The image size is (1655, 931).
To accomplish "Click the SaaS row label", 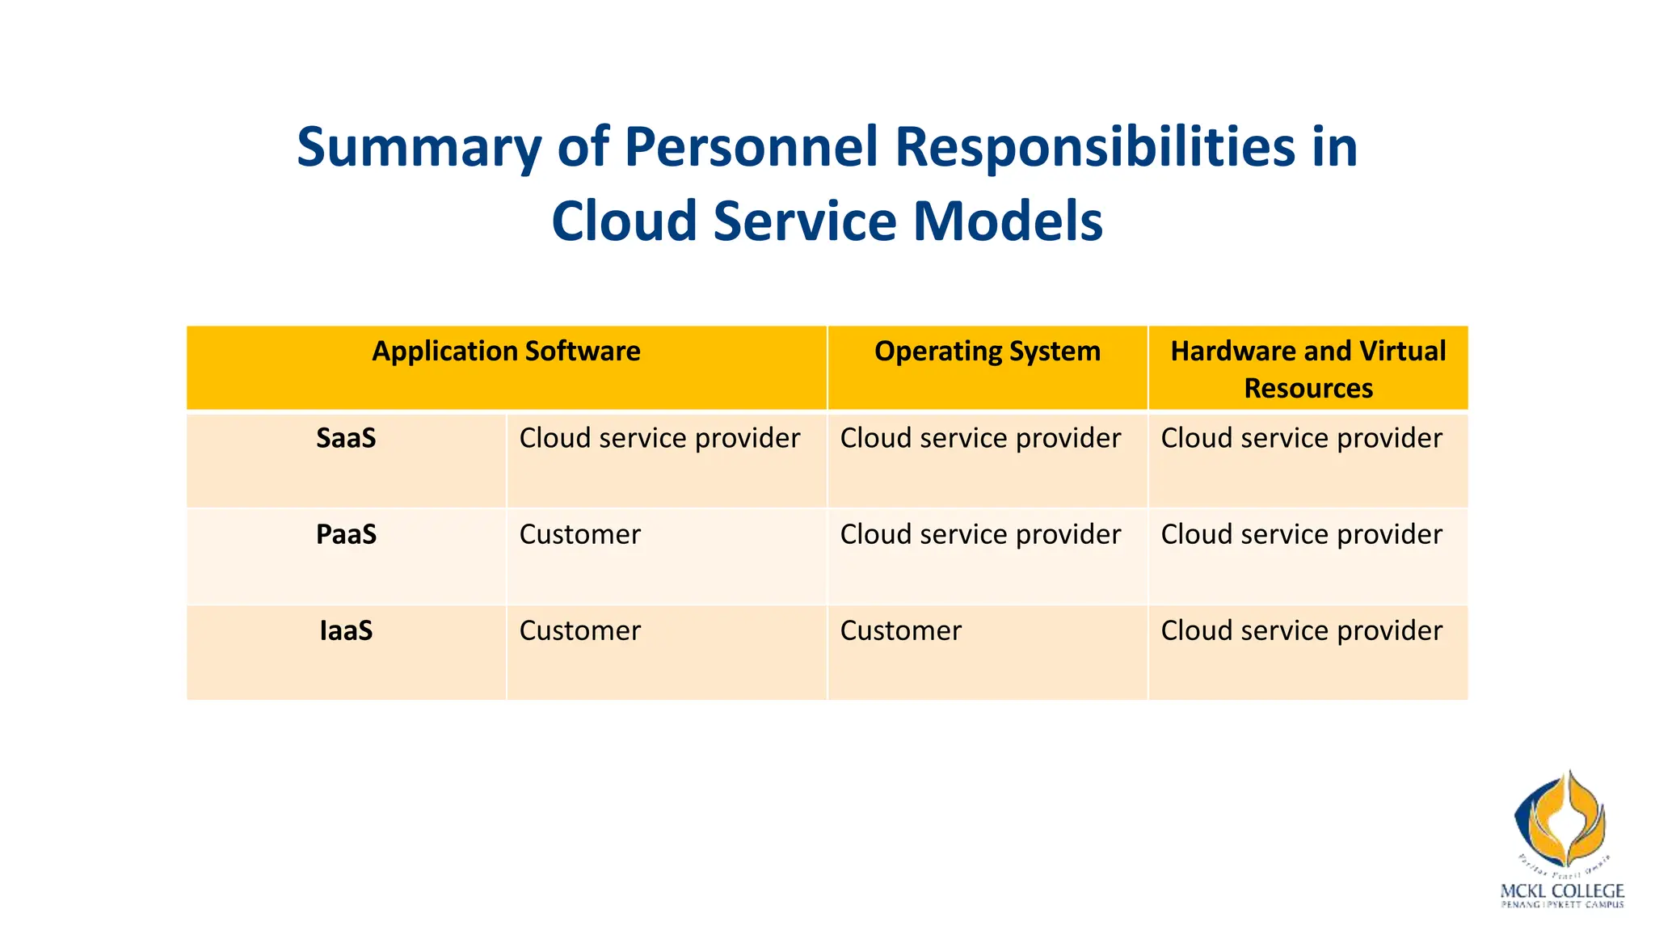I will click(346, 438).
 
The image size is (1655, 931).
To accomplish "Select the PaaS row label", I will click(346, 534).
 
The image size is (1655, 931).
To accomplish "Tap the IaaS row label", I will click(346, 630).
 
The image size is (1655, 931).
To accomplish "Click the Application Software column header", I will click(506, 352).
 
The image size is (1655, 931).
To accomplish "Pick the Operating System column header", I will click(987, 352).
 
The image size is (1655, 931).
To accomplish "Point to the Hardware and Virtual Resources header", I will click(1308, 369).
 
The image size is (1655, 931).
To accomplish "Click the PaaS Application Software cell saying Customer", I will click(579, 534).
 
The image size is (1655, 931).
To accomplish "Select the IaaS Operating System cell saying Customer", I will click(900, 630).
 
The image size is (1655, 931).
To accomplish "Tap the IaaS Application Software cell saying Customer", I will click(579, 630).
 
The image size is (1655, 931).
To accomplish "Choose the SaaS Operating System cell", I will click(980, 438).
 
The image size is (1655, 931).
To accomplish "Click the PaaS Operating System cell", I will click(980, 534).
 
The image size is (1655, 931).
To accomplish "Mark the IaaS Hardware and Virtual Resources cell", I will click(1301, 630).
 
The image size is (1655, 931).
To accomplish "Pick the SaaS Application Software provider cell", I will click(659, 438).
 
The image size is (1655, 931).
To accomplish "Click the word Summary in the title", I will click(419, 148).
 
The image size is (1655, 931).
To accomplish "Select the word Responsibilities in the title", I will click(1095, 148).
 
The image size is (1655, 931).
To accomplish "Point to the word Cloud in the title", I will click(623, 221).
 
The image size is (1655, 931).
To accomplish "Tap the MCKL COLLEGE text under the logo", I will click(1561, 891).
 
